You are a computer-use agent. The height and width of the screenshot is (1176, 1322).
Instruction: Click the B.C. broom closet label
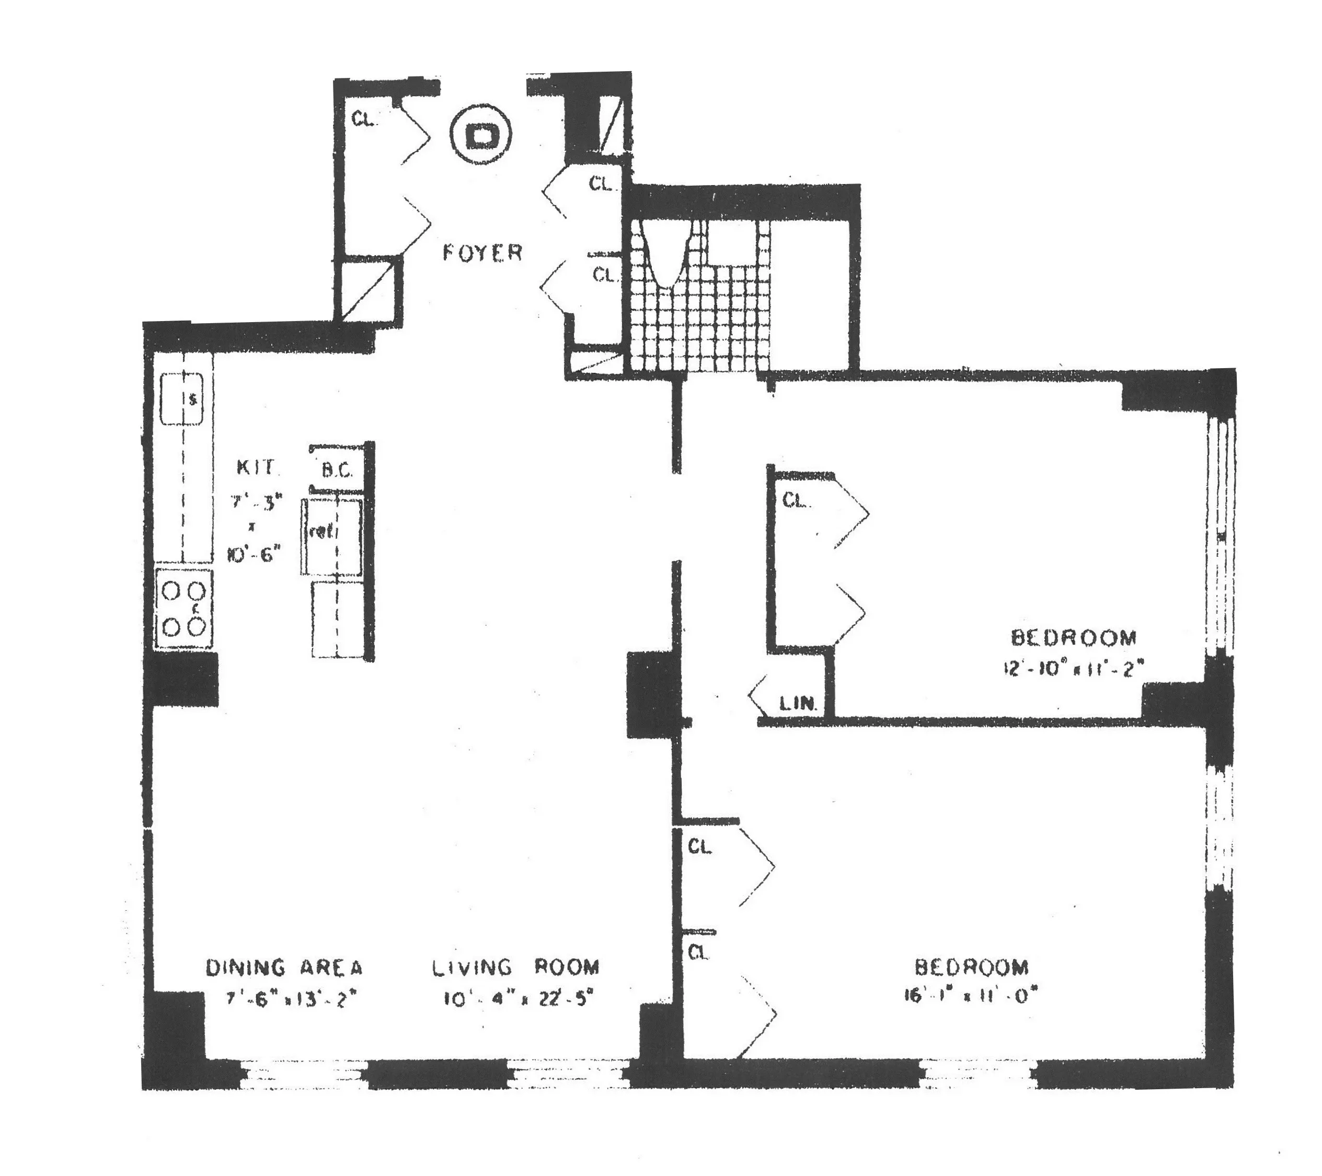click(x=337, y=470)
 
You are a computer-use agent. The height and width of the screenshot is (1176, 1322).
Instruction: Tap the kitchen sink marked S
click(x=182, y=398)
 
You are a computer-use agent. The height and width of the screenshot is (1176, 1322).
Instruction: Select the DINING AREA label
click(x=284, y=968)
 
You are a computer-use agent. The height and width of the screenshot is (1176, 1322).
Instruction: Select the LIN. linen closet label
click(x=798, y=704)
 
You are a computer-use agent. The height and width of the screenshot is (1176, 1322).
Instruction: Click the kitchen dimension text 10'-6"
click(x=254, y=554)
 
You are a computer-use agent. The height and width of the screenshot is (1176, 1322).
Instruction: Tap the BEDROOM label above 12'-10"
click(x=1074, y=638)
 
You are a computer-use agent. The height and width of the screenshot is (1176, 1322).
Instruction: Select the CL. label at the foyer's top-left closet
click(x=364, y=119)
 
